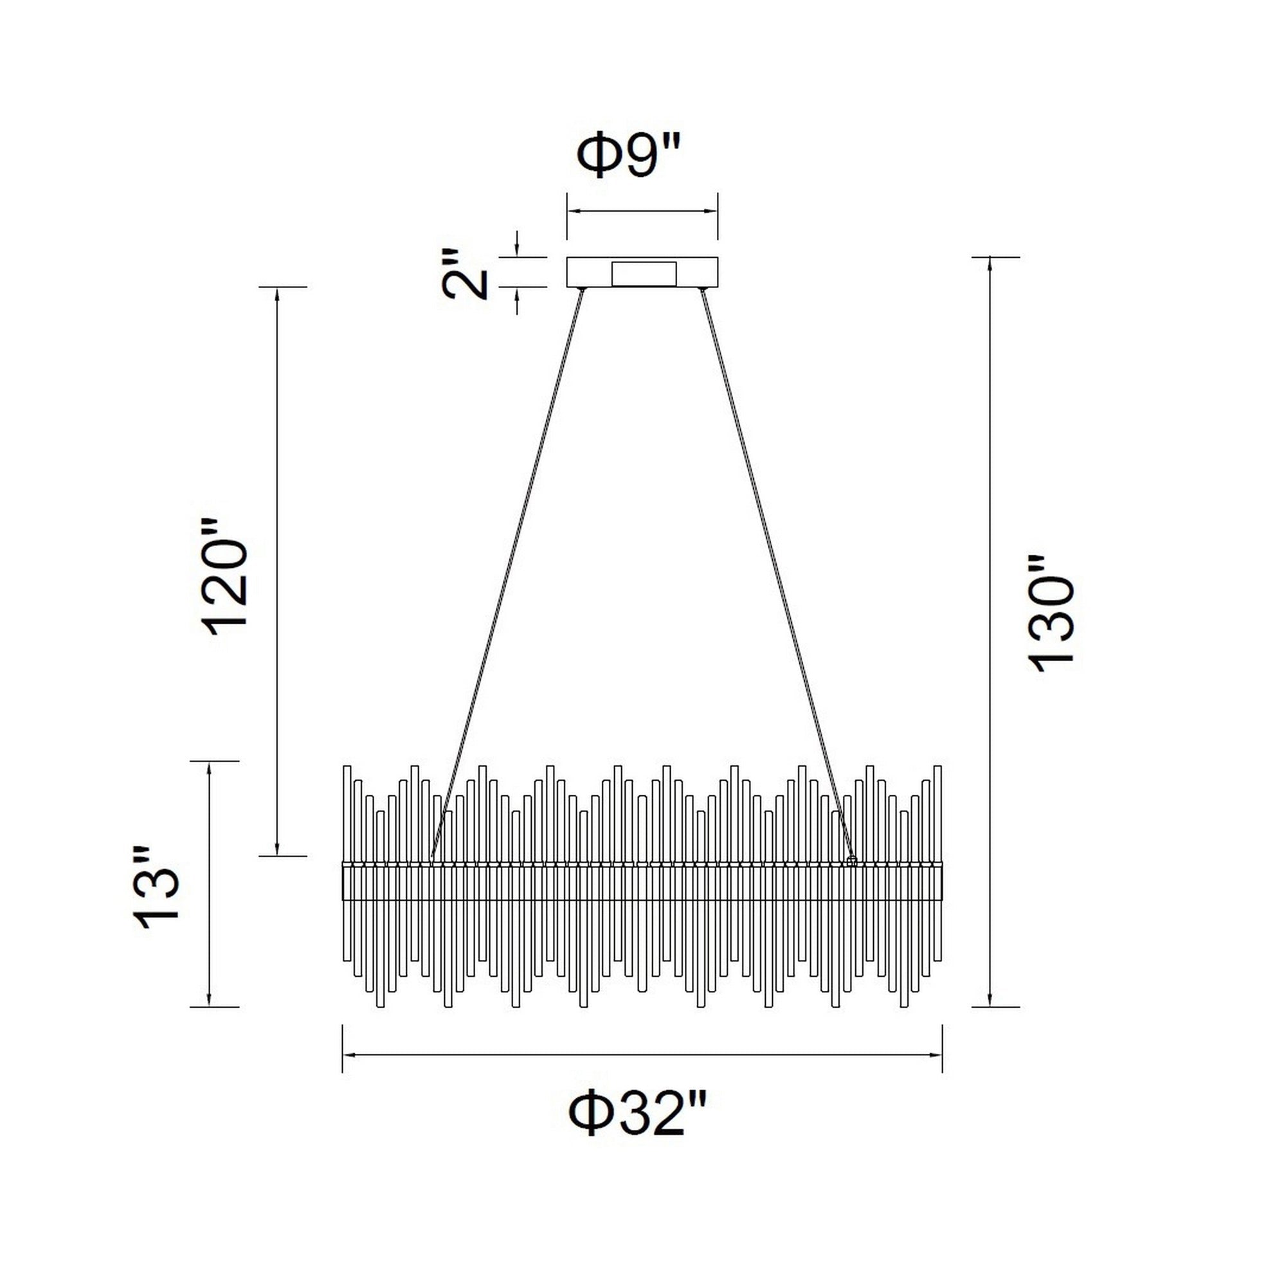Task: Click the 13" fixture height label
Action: [x=157, y=887]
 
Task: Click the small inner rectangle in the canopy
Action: [x=644, y=273]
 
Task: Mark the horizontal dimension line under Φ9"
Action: [x=642, y=211]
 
